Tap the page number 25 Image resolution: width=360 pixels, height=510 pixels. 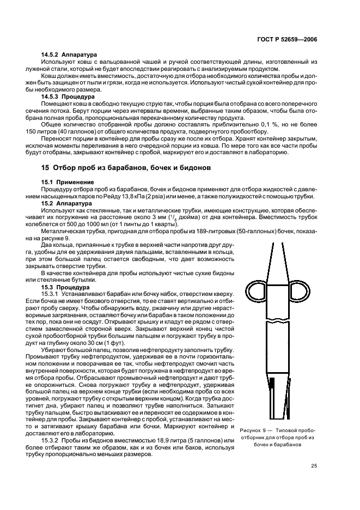point(314,465)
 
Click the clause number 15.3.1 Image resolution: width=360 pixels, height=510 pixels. point(51,293)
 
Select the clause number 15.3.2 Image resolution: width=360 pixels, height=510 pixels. point(51,440)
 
